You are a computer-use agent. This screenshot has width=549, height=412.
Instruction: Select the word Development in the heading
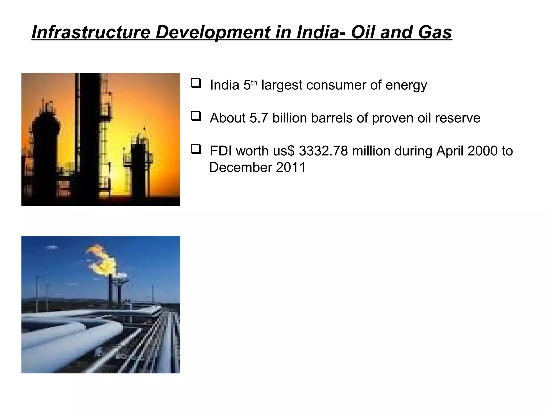click(213, 32)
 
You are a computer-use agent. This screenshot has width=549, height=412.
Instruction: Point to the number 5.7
click(259, 118)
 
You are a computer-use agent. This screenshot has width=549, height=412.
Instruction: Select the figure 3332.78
click(323, 151)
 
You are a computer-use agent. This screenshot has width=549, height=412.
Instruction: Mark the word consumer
click(336, 85)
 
